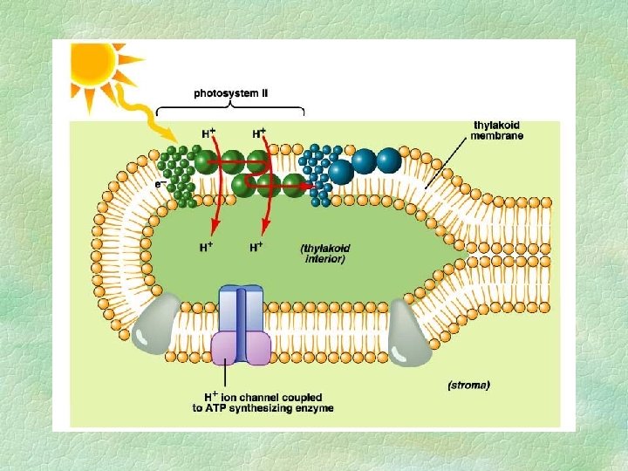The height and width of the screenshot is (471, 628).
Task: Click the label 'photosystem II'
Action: (229, 91)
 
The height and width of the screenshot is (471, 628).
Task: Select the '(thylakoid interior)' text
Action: (324, 253)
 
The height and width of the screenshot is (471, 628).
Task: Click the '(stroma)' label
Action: (468, 384)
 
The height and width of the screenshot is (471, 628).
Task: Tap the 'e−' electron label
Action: (159, 184)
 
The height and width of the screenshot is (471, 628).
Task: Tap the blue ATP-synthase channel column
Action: (242, 306)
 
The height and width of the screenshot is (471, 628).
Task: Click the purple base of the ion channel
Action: (242, 346)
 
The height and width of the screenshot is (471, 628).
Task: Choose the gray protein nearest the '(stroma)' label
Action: (409, 336)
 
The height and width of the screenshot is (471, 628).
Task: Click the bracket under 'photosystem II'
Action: (229, 108)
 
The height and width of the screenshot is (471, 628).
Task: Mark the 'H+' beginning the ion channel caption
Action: (200, 395)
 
